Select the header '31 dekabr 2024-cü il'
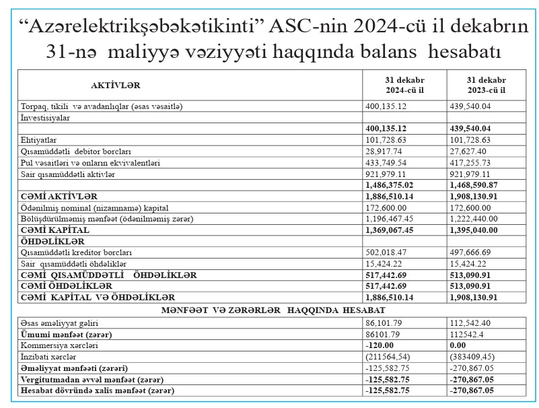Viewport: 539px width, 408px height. point(404,85)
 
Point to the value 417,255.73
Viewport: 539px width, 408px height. point(472,162)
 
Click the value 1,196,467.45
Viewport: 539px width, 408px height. point(391,219)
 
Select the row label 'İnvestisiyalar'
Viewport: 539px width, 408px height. point(46,117)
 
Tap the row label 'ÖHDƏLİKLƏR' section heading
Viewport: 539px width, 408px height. point(53,241)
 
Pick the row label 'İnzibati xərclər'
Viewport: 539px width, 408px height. point(47,355)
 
